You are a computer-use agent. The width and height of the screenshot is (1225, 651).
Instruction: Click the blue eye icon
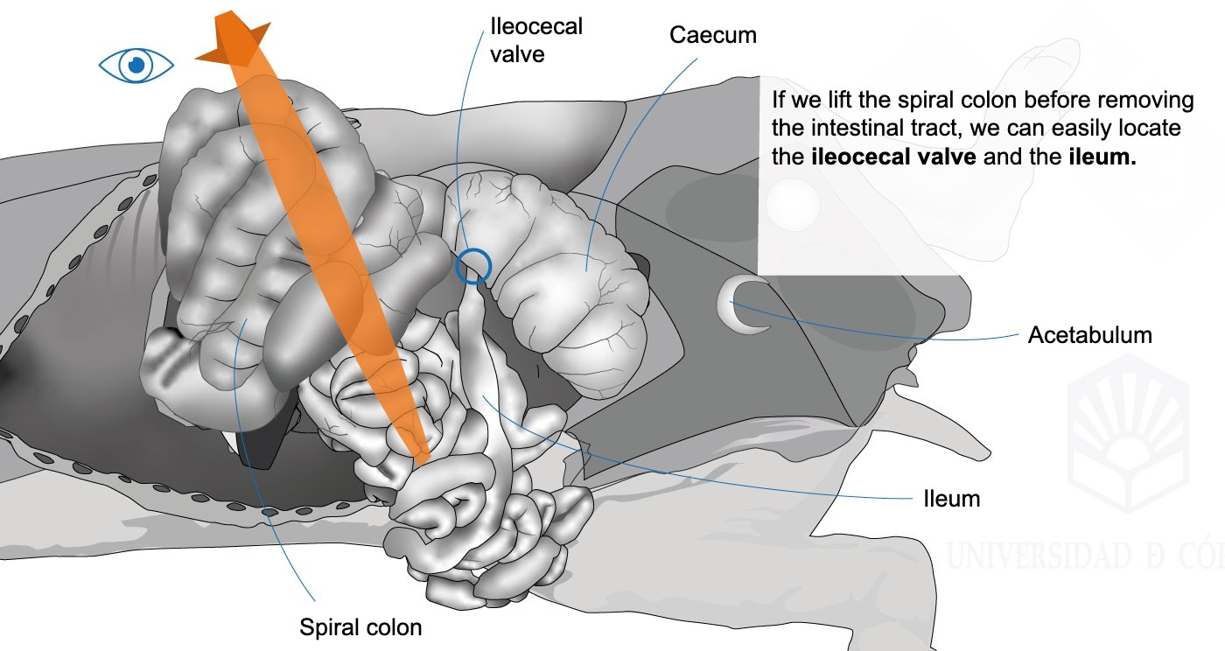coord(136,65)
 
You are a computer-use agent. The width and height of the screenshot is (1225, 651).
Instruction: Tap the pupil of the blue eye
coord(136,65)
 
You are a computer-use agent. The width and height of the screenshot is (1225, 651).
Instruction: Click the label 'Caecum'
coord(712,36)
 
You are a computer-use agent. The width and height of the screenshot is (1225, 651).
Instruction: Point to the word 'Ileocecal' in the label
coord(536,26)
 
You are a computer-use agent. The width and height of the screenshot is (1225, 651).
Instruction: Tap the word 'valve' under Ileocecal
coord(517,55)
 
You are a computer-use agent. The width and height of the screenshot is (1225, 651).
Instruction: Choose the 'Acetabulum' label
coord(1090,335)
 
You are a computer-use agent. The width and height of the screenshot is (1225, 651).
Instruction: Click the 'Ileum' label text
coord(952,499)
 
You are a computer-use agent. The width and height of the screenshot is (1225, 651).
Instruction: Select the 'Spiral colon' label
coord(360,627)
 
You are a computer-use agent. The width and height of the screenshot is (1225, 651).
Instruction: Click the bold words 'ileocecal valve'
coord(893,157)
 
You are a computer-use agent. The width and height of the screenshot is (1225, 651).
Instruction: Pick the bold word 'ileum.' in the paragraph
coord(1102,157)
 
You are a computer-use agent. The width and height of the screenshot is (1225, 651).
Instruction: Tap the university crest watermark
coord(1128,433)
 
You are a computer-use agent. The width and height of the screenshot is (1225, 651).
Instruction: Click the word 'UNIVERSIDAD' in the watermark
coord(1039,556)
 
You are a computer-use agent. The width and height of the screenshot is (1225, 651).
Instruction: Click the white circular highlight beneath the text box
coord(793,204)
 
